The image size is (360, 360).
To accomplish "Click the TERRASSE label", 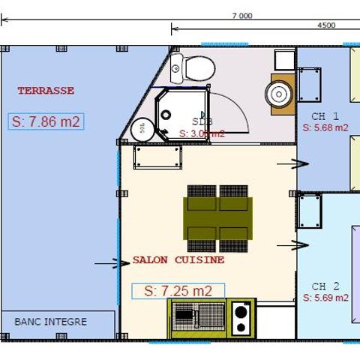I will (46, 91).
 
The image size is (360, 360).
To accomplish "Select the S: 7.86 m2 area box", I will (46, 122).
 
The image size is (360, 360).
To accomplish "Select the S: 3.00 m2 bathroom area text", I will (202, 133).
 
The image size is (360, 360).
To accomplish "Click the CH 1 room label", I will (325, 116).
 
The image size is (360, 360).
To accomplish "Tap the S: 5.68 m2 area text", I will (325, 127).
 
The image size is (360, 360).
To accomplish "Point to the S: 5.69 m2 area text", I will (325, 298).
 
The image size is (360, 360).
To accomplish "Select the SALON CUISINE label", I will (178, 260).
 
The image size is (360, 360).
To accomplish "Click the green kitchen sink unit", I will (197, 318).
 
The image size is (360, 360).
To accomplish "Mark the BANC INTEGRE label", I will (51, 322).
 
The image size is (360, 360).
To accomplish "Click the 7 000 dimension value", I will (242, 15).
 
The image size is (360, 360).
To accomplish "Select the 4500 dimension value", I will (327, 25).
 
